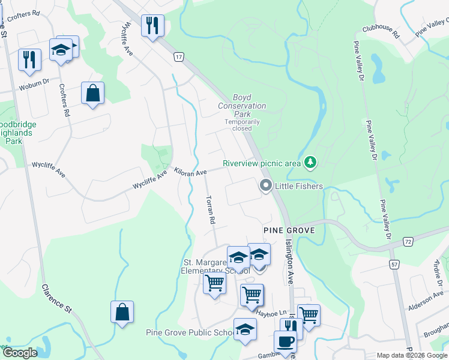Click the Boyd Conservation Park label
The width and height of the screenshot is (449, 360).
[242, 106]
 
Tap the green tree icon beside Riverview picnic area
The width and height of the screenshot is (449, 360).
[310, 162]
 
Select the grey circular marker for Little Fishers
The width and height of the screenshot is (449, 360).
[265, 187]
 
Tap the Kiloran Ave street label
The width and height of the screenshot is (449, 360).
[190, 172]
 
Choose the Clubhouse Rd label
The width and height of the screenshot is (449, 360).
[381, 31]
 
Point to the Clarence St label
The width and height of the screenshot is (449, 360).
[57, 298]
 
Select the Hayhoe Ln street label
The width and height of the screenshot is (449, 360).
[272, 312]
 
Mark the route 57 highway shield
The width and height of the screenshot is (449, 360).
[394, 264]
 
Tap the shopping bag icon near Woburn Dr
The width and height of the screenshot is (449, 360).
[92, 93]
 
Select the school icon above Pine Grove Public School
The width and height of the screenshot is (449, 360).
[245, 329]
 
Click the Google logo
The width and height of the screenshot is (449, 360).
[19, 353]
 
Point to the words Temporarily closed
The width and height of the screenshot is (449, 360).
[242, 125]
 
